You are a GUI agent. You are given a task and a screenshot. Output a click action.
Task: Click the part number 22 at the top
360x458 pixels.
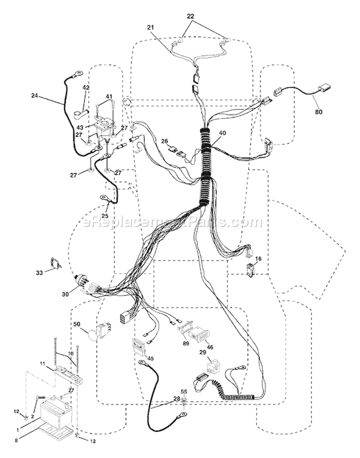[x=191, y=16]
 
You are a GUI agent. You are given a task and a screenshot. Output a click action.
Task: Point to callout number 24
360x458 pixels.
[x=35, y=95]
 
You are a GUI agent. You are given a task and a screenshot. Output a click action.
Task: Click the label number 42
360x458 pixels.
[x=86, y=87]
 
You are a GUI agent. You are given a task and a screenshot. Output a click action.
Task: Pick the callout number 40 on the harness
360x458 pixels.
[x=222, y=133]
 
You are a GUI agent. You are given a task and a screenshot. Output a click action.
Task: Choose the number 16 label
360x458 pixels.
[x=258, y=259]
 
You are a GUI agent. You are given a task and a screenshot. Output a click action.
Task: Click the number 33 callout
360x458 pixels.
[x=39, y=273]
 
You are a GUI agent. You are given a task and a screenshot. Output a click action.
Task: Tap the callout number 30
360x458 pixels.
[x=65, y=294]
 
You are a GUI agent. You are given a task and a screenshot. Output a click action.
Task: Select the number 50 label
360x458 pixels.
[x=77, y=324]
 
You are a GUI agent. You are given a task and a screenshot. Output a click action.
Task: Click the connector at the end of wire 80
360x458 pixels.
[x=324, y=87]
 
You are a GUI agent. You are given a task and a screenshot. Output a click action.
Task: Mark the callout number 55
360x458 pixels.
[x=184, y=391]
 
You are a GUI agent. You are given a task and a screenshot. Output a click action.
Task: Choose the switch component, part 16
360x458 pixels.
[x=251, y=270]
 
